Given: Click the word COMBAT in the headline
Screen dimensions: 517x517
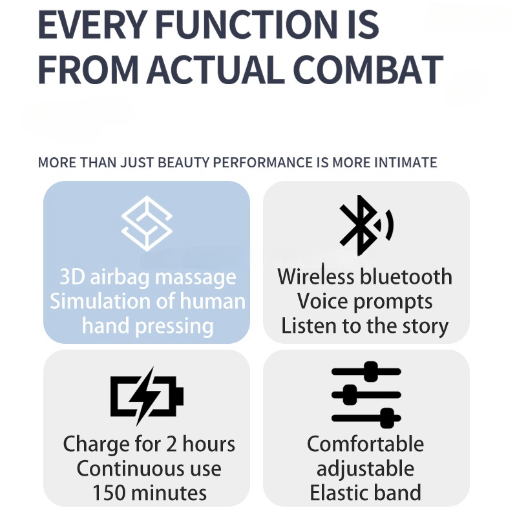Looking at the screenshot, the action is pyautogui.click(x=368, y=70).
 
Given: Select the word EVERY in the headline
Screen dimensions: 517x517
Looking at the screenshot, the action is pyautogui.click(x=92, y=25).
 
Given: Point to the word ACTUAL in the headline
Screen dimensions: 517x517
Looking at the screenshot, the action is pyautogui.click(x=216, y=70).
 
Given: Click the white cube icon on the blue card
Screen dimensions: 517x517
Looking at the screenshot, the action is pyautogui.click(x=147, y=224).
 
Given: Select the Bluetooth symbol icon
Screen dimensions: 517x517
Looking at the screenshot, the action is pyautogui.click(x=366, y=225).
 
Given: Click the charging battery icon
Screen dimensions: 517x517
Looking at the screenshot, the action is pyautogui.click(x=147, y=396).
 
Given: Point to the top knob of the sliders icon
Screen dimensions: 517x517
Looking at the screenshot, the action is pyautogui.click(x=371, y=371).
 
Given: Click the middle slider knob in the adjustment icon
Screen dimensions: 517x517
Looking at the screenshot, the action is pyautogui.click(x=350, y=395).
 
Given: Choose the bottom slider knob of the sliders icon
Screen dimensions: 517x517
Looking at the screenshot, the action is pyautogui.click(x=387, y=418).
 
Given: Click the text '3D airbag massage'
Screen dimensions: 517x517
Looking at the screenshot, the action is pyautogui.click(x=148, y=278).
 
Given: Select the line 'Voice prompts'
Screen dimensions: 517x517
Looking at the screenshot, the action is pyautogui.click(x=364, y=302).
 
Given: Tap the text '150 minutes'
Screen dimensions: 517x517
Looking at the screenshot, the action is pyautogui.click(x=149, y=493).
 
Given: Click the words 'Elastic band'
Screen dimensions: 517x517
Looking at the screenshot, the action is pyautogui.click(x=365, y=492).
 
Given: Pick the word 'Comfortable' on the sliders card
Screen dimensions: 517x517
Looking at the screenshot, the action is pyautogui.click(x=365, y=444).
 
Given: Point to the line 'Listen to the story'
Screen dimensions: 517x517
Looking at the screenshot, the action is pyautogui.click(x=364, y=326).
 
